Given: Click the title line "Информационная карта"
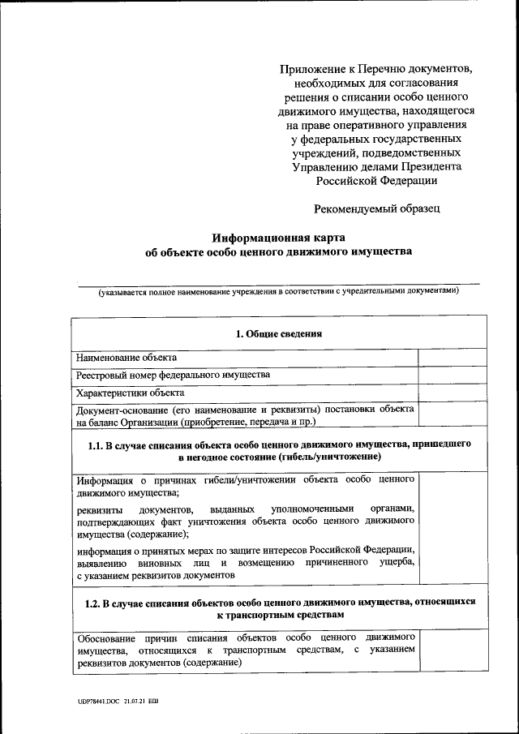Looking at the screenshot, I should pyautogui.click(x=278, y=238).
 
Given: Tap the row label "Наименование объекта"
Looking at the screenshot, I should pyautogui.click(x=126, y=357).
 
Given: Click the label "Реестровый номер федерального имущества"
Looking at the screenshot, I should pyautogui.click(x=173, y=375).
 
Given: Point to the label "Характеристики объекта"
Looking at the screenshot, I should pyautogui.click(x=130, y=393).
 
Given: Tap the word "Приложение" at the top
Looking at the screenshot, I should pyautogui.click(x=307, y=70).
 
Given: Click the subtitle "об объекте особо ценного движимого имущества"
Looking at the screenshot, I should pyautogui.click(x=278, y=252).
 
